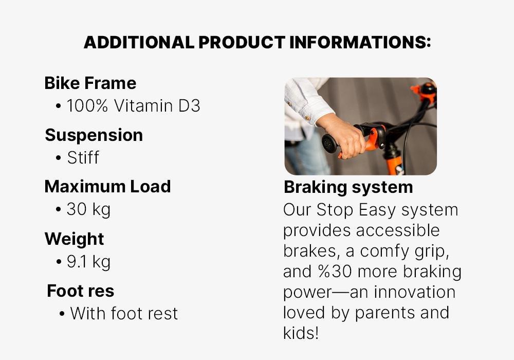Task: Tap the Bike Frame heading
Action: tap(90, 83)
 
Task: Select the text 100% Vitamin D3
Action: tap(133, 106)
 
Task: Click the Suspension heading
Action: tap(94, 135)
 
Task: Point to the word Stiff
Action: tap(83, 157)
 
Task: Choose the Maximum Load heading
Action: tap(107, 187)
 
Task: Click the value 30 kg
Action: tap(88, 209)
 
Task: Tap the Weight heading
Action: tap(74, 239)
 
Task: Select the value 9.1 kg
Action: tap(88, 262)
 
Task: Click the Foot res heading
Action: tap(80, 291)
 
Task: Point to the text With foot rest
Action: tap(124, 314)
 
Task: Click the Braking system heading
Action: tap(348, 187)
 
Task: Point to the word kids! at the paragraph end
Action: tap(301, 333)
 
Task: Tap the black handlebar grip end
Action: tap(328, 143)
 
